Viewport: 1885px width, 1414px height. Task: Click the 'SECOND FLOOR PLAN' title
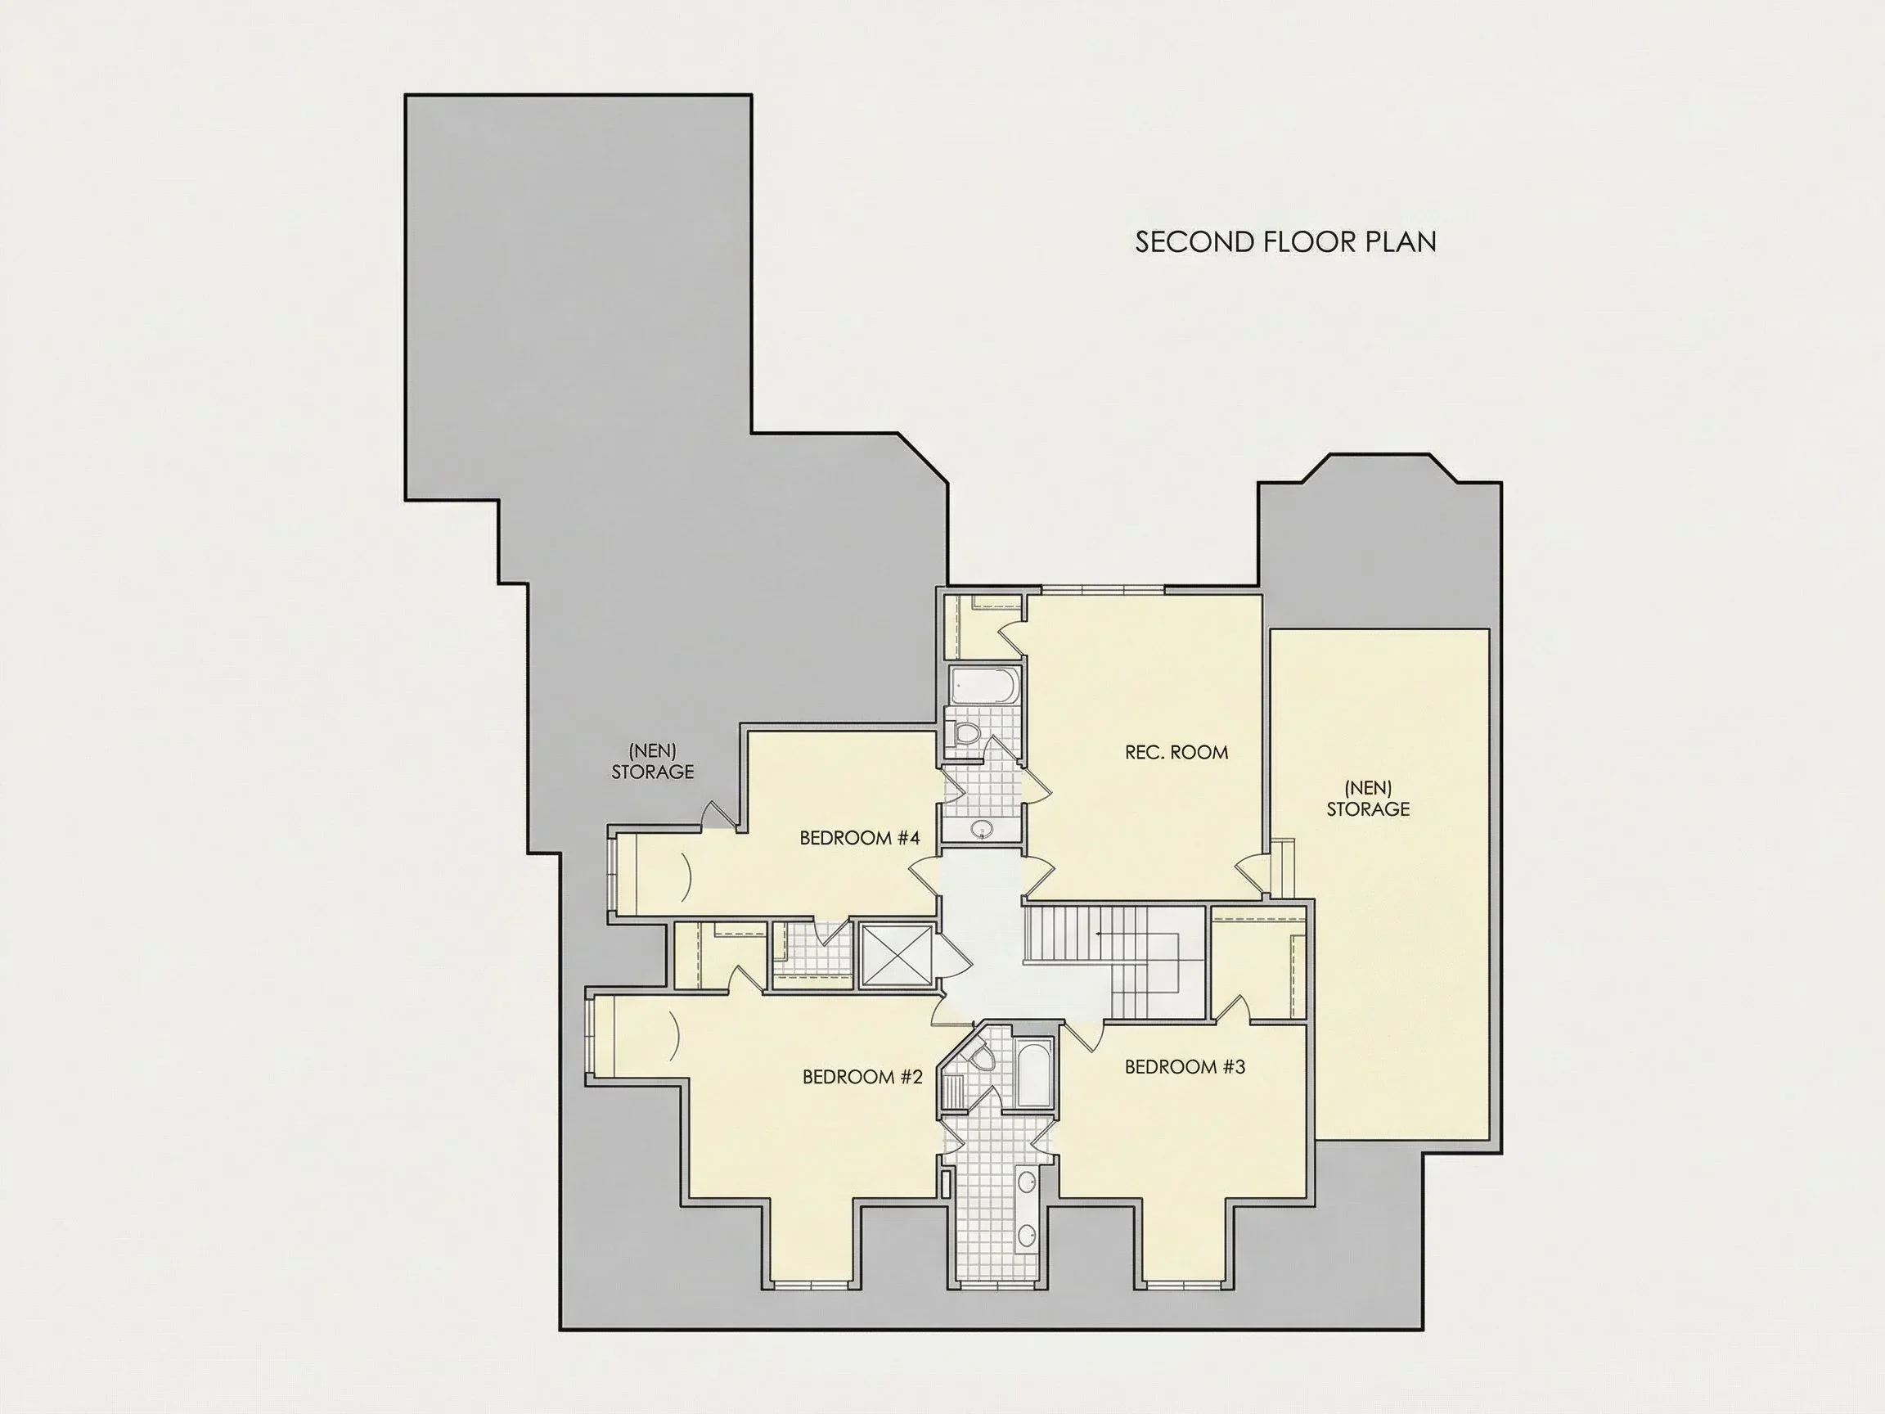point(1285,242)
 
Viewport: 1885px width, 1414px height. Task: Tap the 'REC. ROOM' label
point(1176,752)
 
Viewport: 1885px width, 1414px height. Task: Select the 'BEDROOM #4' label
point(859,838)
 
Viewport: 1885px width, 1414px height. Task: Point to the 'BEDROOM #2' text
point(862,1077)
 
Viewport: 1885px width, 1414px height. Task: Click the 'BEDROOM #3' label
point(1185,1066)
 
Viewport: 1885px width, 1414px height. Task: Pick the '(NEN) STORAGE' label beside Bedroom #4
point(653,761)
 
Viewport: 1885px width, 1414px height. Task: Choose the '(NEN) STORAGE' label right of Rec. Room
point(1368,798)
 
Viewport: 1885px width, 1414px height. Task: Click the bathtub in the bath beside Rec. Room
point(984,685)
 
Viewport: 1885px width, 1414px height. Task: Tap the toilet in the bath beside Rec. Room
point(966,733)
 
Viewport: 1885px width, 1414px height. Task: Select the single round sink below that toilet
point(982,828)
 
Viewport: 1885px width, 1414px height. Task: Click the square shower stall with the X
point(896,956)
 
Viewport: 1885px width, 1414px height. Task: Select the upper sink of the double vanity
point(1028,1182)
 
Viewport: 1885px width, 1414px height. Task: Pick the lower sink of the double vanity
point(1028,1236)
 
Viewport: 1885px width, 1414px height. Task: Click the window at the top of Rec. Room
point(1103,589)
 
